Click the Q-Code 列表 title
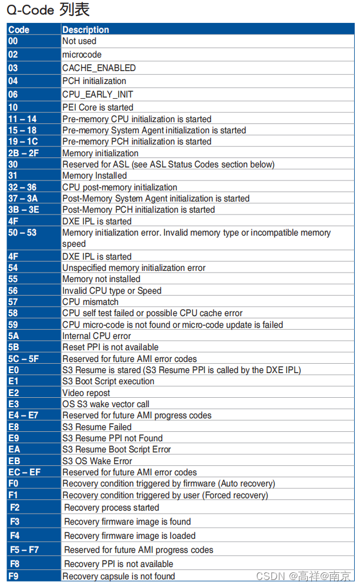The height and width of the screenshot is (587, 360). tap(48, 11)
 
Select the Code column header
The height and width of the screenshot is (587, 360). tap(19, 29)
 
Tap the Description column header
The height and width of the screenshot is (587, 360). tap(86, 29)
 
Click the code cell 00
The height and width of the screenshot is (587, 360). tap(13, 41)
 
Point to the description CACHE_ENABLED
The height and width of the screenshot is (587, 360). tap(99, 68)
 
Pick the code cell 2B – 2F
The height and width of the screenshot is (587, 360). tap(24, 153)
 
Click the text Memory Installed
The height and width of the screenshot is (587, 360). tap(94, 176)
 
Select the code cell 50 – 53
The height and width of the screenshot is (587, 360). tap(22, 233)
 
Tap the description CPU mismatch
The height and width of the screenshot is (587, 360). tap(90, 302)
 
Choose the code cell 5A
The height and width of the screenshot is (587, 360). tap(14, 336)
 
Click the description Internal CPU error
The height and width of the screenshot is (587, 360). tap(96, 336)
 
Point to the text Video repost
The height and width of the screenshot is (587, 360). tap(86, 393)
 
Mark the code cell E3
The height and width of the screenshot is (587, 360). tap(14, 404)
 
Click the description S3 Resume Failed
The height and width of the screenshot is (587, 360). tap(96, 427)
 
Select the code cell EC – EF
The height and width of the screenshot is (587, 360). tap(24, 472)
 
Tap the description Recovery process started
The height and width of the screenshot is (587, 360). tap(111, 508)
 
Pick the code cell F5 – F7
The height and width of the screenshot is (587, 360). tap(25, 550)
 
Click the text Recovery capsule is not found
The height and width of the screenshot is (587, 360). tap(118, 576)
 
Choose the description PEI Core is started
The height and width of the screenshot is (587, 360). tap(97, 108)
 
